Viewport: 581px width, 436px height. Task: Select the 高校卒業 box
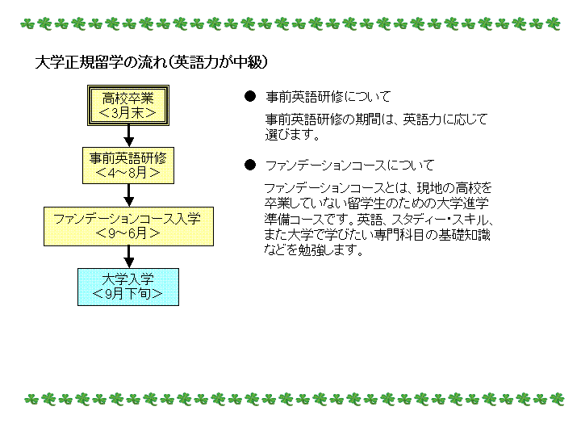tap(128, 105)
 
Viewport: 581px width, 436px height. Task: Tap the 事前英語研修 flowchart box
tap(128, 166)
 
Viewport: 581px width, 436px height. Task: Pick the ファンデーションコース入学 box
tap(128, 226)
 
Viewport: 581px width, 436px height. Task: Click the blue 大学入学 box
tap(128, 287)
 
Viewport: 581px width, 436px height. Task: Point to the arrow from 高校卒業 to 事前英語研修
tap(128, 136)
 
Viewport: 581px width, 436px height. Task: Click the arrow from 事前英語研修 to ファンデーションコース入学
tap(128, 195)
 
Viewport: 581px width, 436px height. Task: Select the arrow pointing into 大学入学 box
tap(128, 257)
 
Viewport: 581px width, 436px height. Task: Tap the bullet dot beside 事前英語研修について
tap(250, 96)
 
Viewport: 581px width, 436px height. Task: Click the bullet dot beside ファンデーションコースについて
tap(250, 165)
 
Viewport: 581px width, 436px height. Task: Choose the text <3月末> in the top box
tap(127, 113)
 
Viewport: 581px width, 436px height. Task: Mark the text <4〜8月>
tap(127, 173)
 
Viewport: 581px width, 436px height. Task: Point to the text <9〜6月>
tap(127, 233)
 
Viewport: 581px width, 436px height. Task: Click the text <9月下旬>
tap(127, 294)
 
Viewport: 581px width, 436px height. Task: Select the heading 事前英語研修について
tap(328, 97)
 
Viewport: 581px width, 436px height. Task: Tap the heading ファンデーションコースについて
tap(349, 165)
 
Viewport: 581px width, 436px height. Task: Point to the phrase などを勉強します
tap(313, 250)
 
